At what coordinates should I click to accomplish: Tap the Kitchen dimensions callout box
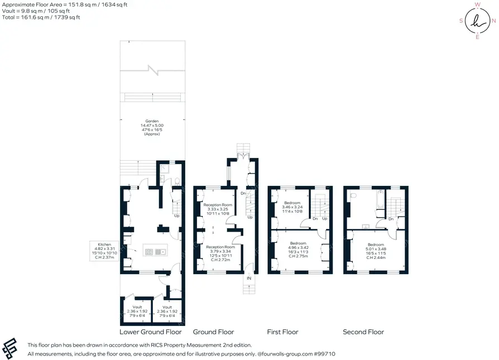pyautogui.click(x=104, y=251)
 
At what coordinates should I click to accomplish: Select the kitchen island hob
pyautogui.click(x=149, y=252)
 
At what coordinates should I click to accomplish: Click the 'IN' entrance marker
pyautogui.click(x=249, y=278)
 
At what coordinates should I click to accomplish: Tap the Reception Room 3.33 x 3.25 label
pyautogui.click(x=218, y=209)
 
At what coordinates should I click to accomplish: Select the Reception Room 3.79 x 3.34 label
pyautogui.click(x=220, y=253)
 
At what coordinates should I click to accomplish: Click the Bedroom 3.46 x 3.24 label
pyautogui.click(x=292, y=207)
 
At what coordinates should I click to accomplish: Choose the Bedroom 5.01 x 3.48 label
pyautogui.click(x=376, y=251)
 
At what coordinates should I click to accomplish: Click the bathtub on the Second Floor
pyautogui.click(x=380, y=200)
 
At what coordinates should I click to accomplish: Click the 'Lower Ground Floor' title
pyautogui.click(x=151, y=332)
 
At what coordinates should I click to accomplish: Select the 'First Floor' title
pyautogui.click(x=282, y=332)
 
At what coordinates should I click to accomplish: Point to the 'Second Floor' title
pyautogui.click(x=363, y=332)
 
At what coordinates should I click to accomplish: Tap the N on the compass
pyautogui.click(x=493, y=21)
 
